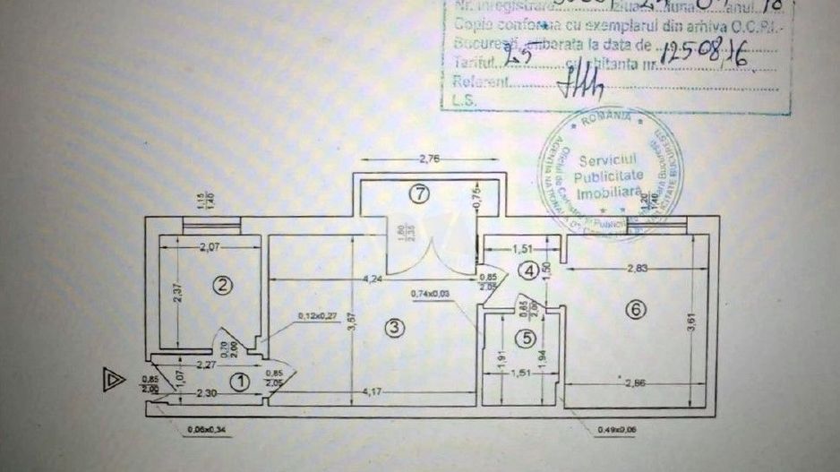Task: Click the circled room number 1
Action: (238, 381)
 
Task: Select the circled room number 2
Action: (224, 285)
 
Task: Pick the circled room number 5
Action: (527, 339)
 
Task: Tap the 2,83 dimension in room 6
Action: (637, 267)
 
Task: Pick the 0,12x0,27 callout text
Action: (314, 316)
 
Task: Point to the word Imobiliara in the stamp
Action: (606, 192)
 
